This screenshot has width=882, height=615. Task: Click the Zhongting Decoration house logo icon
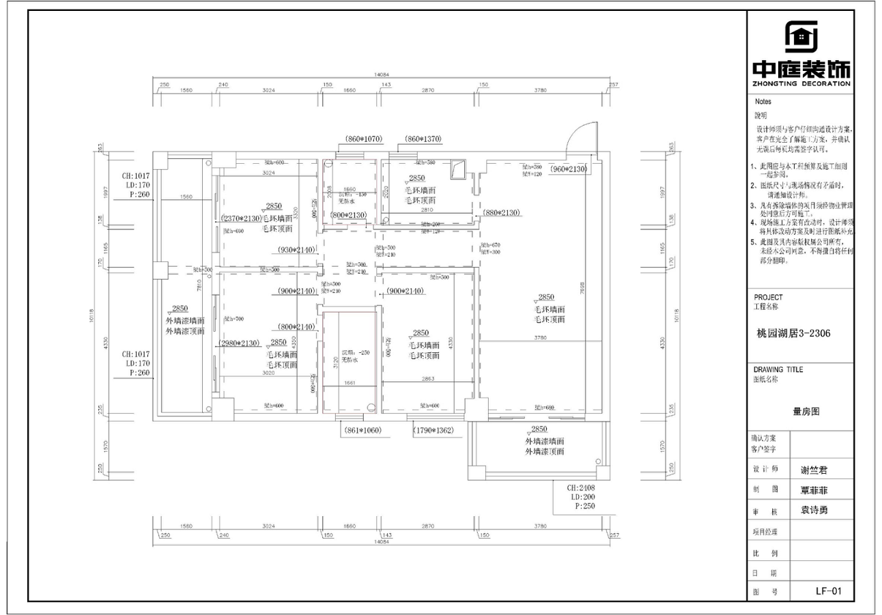tap(801, 37)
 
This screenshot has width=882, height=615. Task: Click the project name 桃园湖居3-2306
tap(793, 334)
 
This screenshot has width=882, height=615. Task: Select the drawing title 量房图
tap(806, 412)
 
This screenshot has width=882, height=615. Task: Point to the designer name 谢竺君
tap(817, 470)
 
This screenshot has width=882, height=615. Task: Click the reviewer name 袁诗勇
tap(817, 510)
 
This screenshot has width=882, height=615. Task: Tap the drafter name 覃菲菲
tap(817, 490)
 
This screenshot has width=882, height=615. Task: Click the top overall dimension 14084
tap(381, 74)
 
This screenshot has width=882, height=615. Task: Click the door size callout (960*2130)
tap(569, 169)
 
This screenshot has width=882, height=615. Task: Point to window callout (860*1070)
tap(362, 139)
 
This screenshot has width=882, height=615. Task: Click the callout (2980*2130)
tap(239, 343)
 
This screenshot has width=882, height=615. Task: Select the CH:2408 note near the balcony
tap(580, 489)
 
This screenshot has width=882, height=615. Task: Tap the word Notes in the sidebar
tap(763, 101)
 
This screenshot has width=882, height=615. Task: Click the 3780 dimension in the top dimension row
tap(540, 90)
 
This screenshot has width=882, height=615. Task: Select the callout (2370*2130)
tap(242, 218)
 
